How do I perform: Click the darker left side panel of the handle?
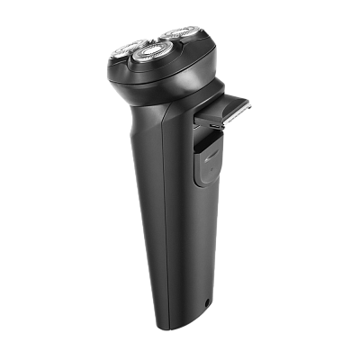coord(144,207)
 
